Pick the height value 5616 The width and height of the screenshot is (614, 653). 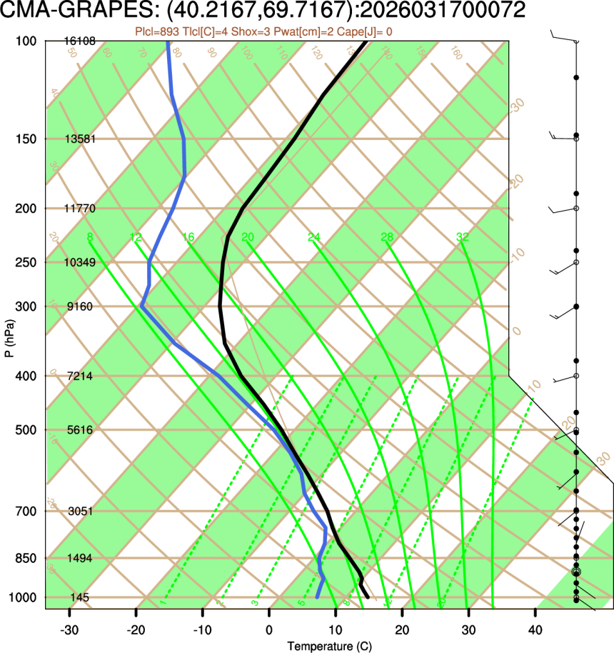coord(80,430)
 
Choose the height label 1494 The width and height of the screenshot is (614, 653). coord(80,558)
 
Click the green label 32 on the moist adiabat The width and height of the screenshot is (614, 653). coord(463,237)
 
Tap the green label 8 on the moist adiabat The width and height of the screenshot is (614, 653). coord(90,237)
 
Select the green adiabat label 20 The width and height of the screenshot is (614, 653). coord(248,237)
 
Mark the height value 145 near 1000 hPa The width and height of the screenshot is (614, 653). coord(80,597)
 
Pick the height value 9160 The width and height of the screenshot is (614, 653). coord(80,306)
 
